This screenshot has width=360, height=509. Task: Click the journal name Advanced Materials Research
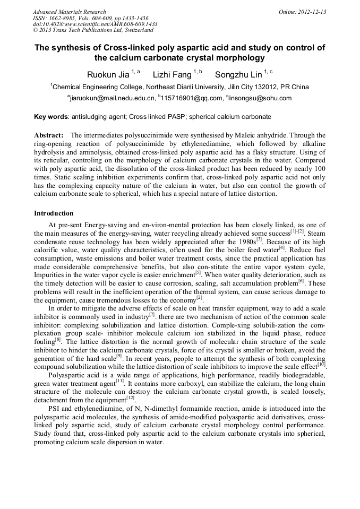tap(69, 12)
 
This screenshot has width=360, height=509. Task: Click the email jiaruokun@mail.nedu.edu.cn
tap(112, 98)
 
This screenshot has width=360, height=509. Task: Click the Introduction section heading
tap(54, 213)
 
